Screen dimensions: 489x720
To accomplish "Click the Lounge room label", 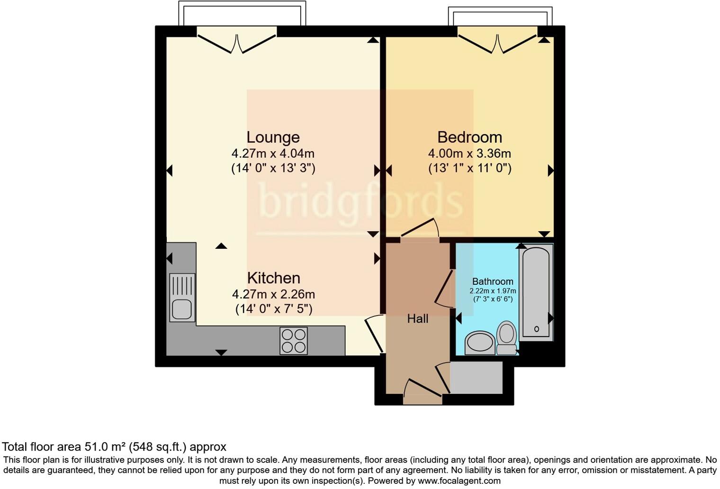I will (x=273, y=137).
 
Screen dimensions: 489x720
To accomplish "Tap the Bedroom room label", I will (x=469, y=137).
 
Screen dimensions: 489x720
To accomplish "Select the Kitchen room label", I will (x=273, y=278).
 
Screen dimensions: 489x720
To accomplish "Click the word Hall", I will (x=418, y=319).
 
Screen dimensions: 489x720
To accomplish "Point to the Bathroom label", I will (x=493, y=281).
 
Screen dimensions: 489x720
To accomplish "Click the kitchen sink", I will (x=182, y=298).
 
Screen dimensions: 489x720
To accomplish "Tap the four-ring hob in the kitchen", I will (x=293, y=341).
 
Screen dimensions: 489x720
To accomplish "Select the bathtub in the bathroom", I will (x=536, y=292).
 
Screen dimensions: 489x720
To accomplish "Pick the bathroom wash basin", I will (x=480, y=343).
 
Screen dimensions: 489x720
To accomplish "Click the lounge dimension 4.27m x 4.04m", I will (x=273, y=154).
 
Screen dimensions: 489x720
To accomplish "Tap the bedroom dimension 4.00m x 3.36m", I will (x=469, y=154).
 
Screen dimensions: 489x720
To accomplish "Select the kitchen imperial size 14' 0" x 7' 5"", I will (x=274, y=309).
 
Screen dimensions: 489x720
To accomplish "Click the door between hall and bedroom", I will (x=420, y=229).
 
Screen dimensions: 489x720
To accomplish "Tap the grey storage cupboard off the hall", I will (x=476, y=378).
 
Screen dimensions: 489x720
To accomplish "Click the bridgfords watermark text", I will (x=360, y=201).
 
